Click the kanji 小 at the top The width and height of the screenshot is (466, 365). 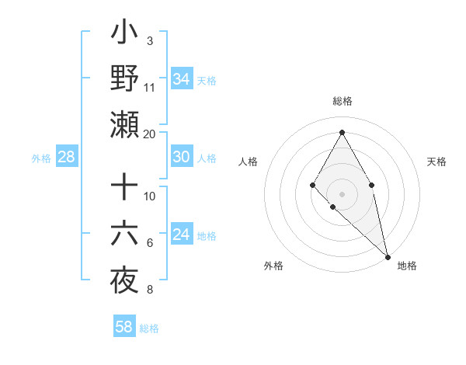pos(124,34)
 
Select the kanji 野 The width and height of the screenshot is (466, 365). pos(124,78)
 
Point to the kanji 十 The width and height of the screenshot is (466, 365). pos(124,187)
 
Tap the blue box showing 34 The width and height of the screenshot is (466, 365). pos(182,78)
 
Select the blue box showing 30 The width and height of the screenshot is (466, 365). pos(182,157)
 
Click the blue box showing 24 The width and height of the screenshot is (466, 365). pos(182,235)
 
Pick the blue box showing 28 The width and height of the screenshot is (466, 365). pos(66,158)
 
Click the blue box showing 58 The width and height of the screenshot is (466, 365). pos(124,327)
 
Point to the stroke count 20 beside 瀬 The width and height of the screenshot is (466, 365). pos(150,134)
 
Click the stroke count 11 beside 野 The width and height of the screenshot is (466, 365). pos(150,87)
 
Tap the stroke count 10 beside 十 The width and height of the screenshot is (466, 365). pos(150,196)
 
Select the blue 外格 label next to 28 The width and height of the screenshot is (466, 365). pos(41,158)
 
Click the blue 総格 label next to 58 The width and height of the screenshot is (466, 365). pos(149,328)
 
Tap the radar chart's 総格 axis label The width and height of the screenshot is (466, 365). pos(342,101)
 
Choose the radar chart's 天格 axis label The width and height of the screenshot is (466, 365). pos(437,162)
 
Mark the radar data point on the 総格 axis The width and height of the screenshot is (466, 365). pos(342,131)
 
